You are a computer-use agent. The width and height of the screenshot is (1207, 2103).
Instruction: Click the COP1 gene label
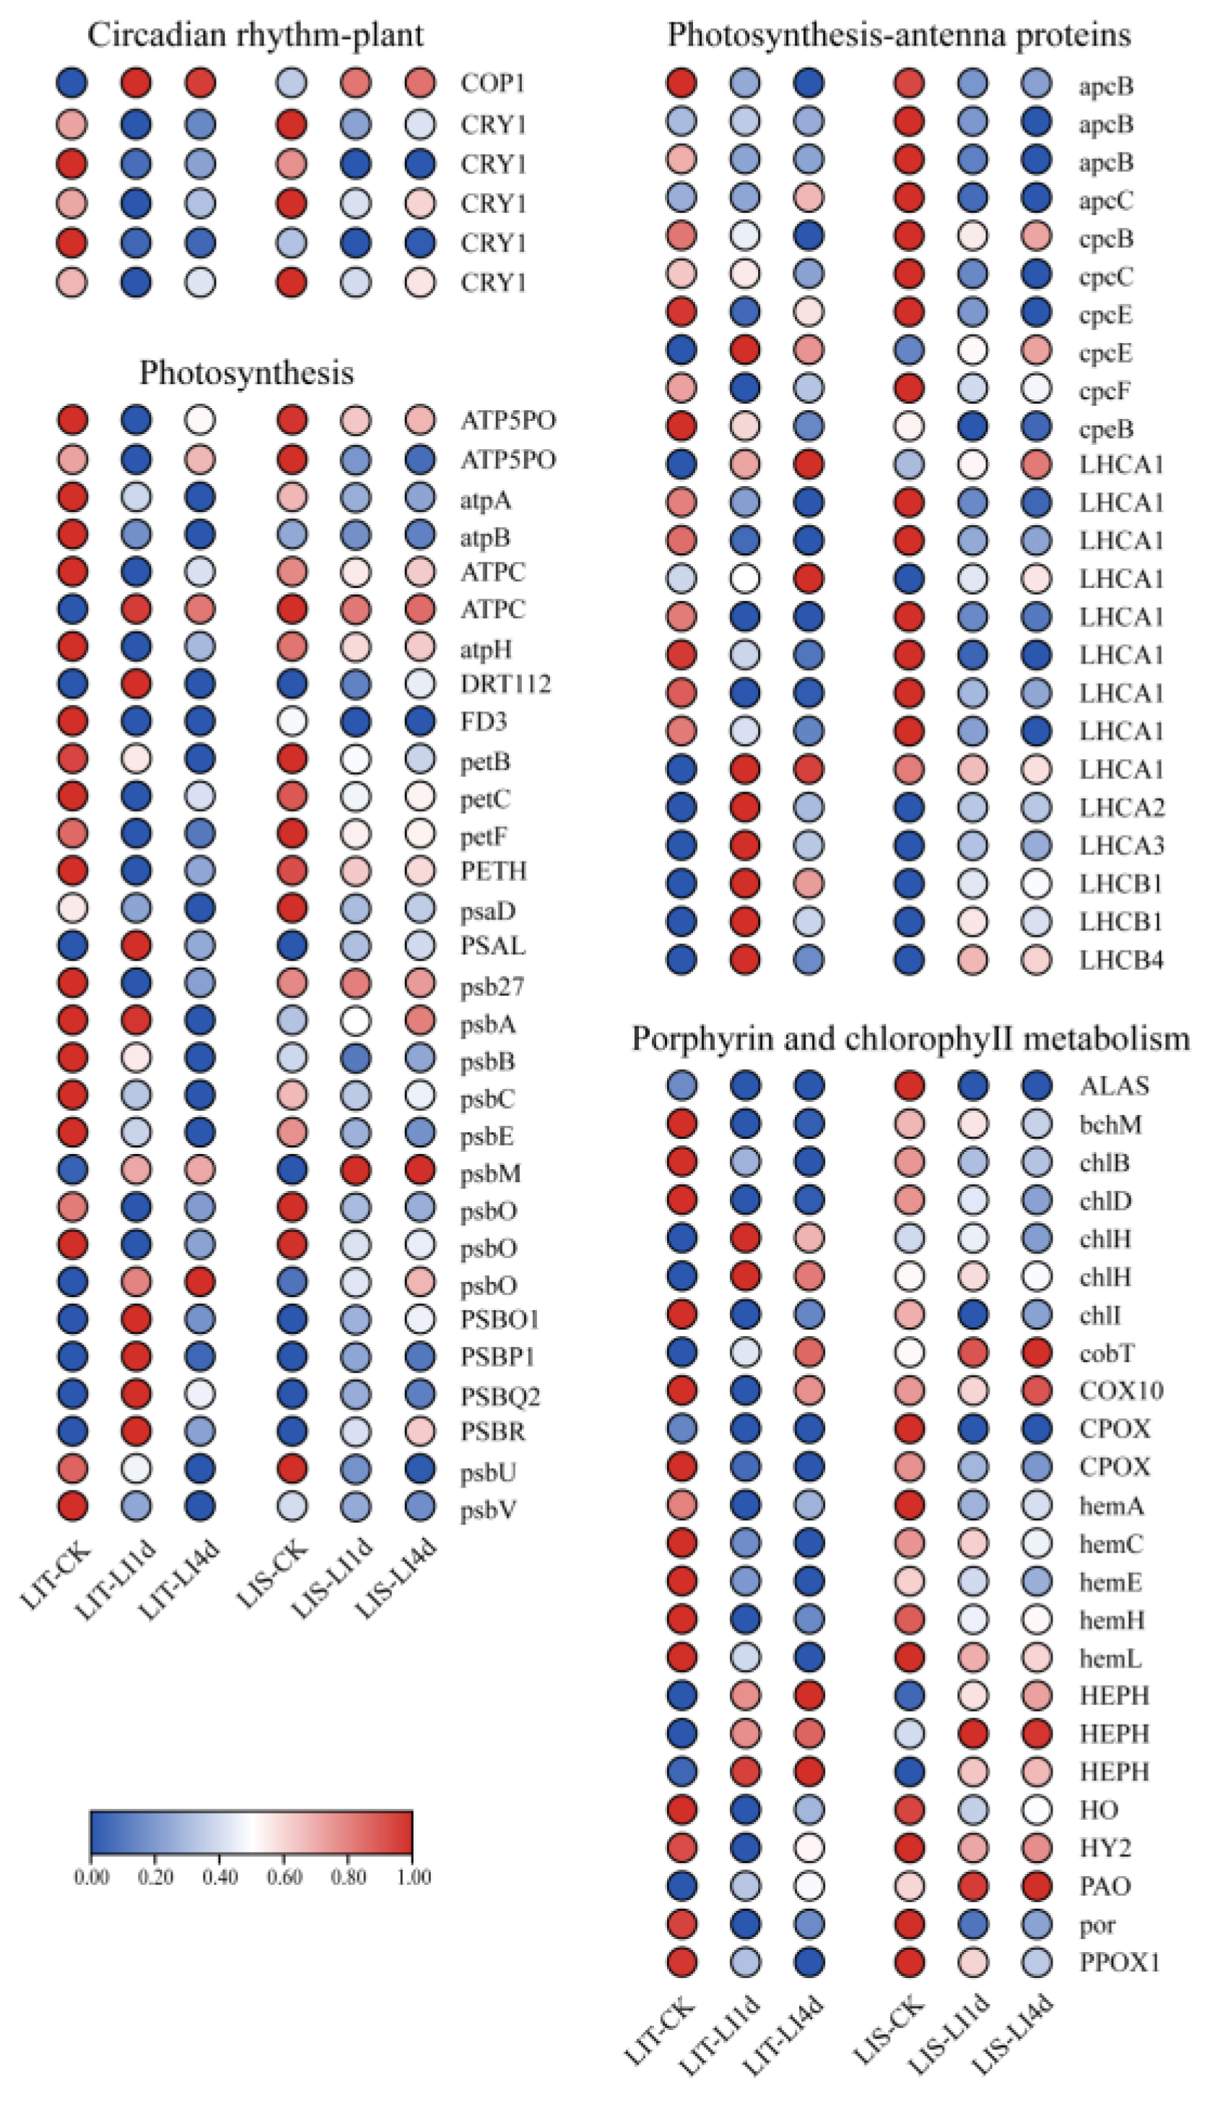[x=493, y=83]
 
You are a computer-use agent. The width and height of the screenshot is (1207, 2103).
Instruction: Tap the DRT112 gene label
[x=505, y=684]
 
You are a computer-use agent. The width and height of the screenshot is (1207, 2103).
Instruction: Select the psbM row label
[x=491, y=1174]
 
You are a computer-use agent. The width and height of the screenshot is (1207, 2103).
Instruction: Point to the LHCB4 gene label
[x=1121, y=961]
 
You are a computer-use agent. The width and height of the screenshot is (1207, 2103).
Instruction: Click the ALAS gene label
[x=1114, y=1085]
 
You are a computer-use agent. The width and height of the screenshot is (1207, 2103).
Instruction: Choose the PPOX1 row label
[x=1119, y=1962]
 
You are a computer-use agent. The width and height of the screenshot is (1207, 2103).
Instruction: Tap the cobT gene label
[x=1107, y=1353]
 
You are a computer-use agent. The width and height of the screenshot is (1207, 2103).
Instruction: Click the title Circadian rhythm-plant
[x=256, y=35]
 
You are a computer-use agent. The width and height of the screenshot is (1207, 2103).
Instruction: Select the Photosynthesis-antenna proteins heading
[x=899, y=35]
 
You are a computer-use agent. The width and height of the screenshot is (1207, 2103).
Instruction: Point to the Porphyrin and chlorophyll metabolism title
[x=910, y=1039]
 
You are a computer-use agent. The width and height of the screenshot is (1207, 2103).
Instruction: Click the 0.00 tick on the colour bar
[x=91, y=1877]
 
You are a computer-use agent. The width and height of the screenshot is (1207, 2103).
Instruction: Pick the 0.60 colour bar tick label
[x=284, y=1877]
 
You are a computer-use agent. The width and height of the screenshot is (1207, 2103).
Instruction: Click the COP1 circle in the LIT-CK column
[x=72, y=83]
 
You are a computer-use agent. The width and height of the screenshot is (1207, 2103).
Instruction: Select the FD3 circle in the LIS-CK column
[x=292, y=721]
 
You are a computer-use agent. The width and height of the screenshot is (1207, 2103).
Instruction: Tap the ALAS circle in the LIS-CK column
[x=910, y=1085]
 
